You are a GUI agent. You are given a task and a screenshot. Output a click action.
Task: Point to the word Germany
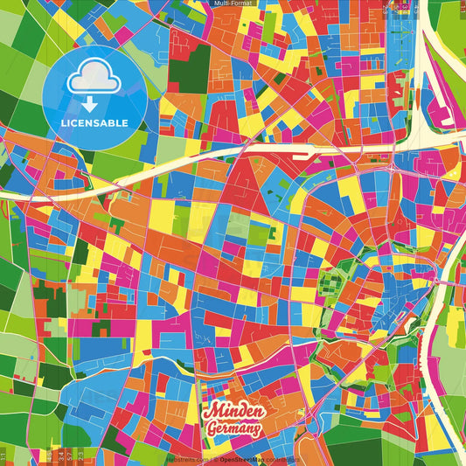point(233,428)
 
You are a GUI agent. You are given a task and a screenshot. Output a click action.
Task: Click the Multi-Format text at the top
point(233,3)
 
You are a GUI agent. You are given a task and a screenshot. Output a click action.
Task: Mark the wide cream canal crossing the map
point(175,167)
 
